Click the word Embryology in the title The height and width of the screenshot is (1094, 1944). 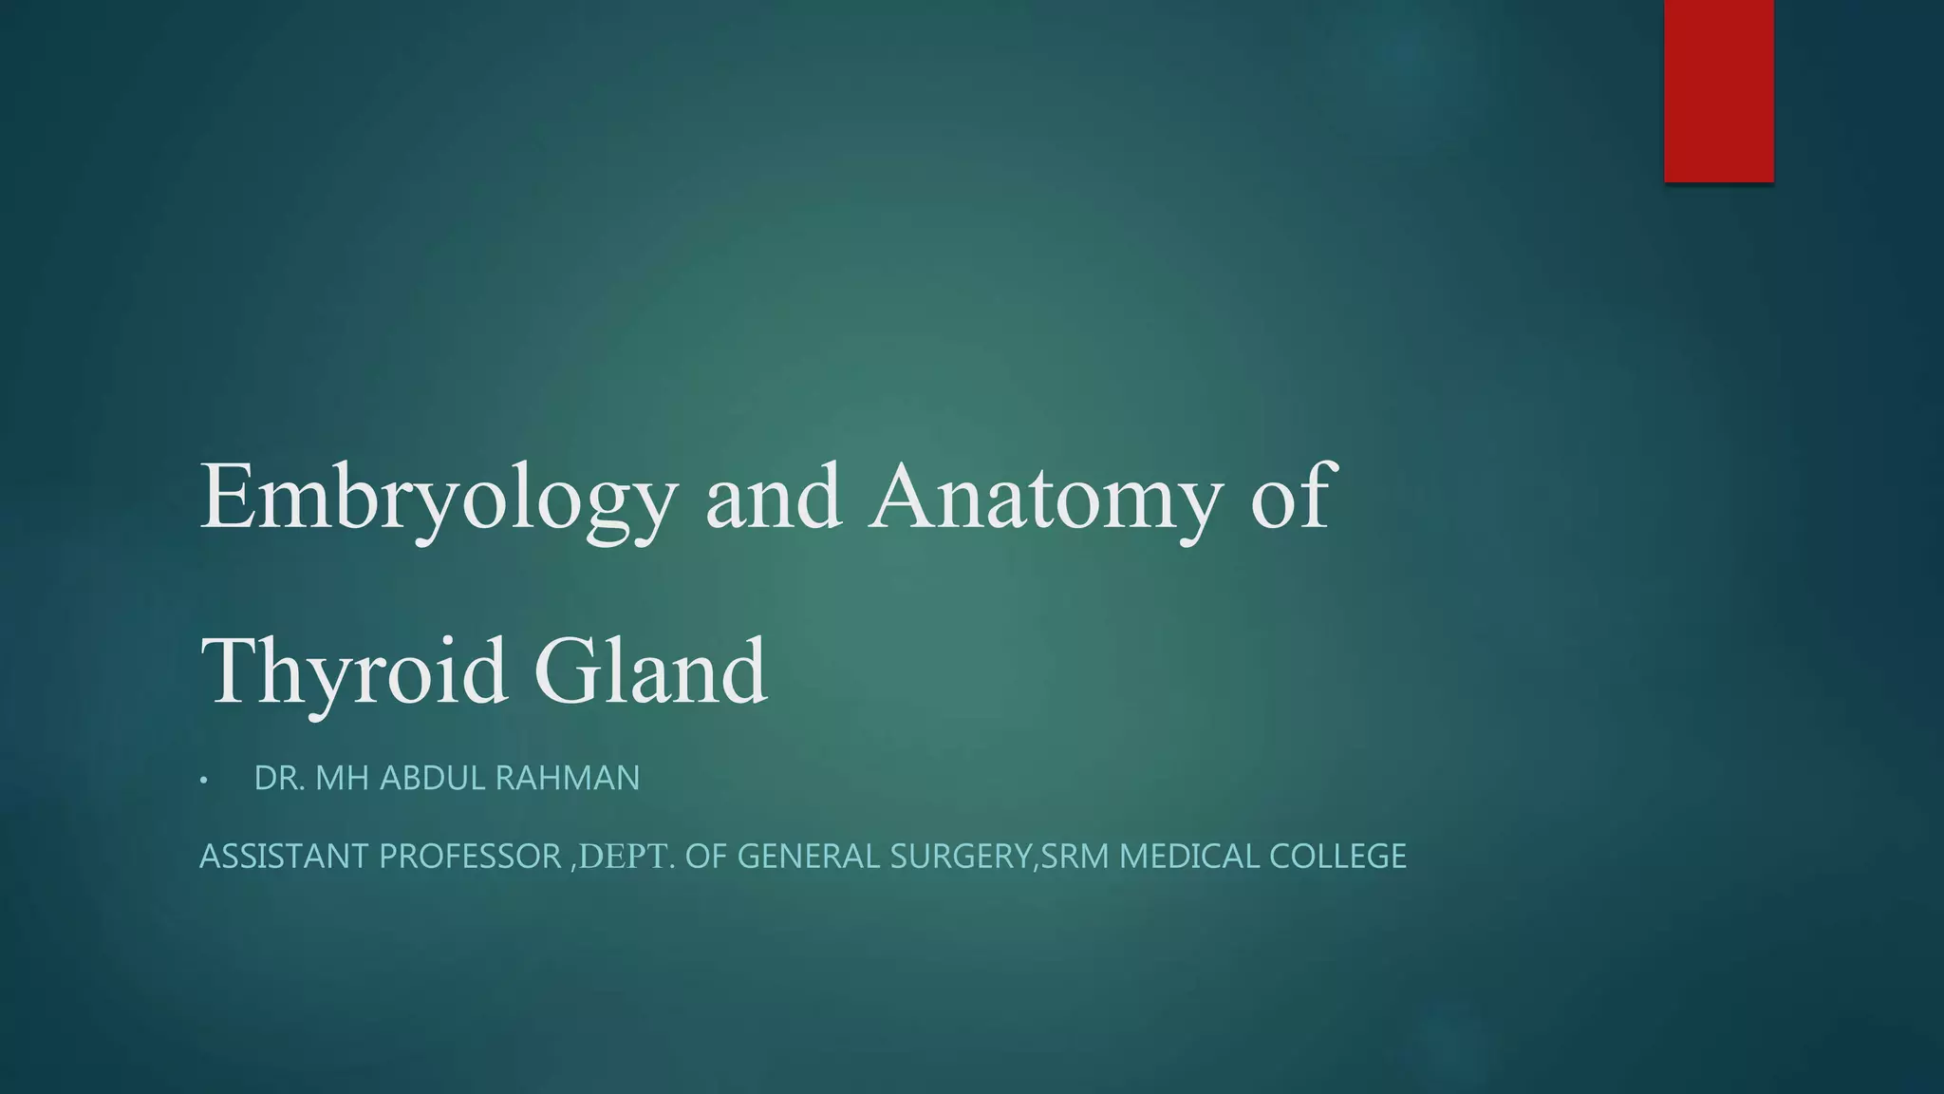(x=439, y=499)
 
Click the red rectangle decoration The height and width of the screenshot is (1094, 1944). (x=1718, y=90)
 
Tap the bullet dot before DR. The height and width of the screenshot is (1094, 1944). (x=203, y=781)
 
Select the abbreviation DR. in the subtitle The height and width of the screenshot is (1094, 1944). (x=279, y=779)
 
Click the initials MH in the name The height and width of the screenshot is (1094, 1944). (x=342, y=779)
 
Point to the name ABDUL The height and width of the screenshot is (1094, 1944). (x=432, y=779)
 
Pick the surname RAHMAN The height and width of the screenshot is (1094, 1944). (x=567, y=779)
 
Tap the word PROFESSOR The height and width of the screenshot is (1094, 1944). (x=470, y=857)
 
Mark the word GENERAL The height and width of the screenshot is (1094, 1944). (x=809, y=857)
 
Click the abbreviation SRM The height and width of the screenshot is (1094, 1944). (x=1075, y=857)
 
